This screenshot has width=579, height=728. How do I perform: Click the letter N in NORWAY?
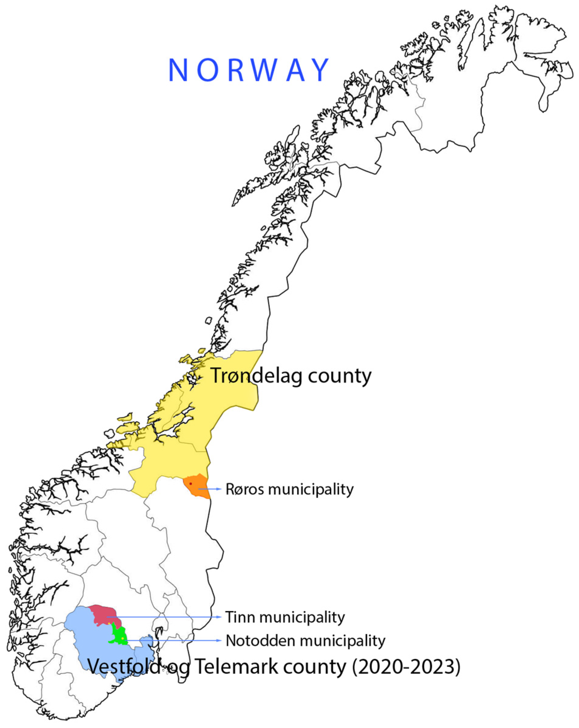[x=178, y=70]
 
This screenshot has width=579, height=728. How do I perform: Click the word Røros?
[x=245, y=489]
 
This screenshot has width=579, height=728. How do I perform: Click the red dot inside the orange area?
[x=191, y=483]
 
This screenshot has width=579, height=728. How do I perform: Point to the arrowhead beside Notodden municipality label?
[x=219, y=640]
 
